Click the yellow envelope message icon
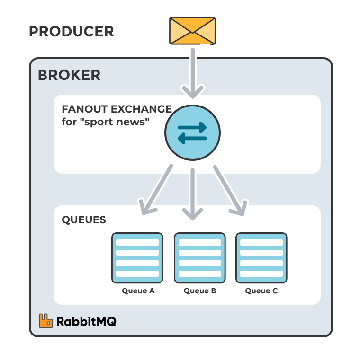click(x=192, y=31)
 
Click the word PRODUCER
click(x=72, y=32)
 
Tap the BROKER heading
click(x=69, y=75)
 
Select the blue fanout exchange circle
click(x=192, y=132)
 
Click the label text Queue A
click(x=138, y=291)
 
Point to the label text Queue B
click(x=200, y=291)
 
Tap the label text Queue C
click(x=261, y=291)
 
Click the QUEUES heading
click(x=84, y=220)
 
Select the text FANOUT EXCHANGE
click(x=117, y=109)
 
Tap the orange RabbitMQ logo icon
click(x=46, y=321)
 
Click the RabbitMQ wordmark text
click(x=86, y=322)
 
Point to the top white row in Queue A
click(x=137, y=243)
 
